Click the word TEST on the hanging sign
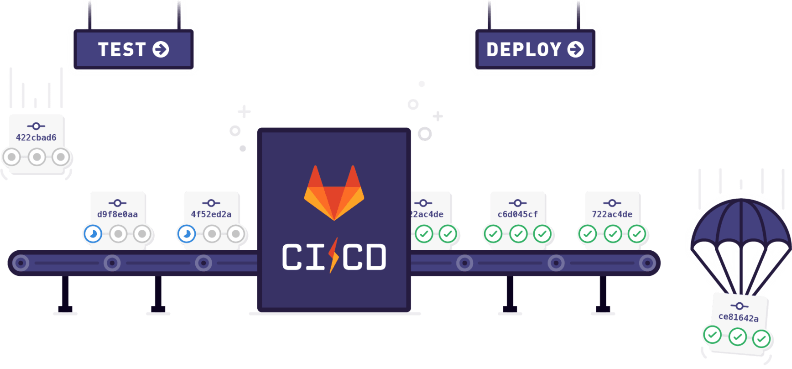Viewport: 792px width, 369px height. point(121,49)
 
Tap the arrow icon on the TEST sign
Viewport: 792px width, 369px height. point(161,49)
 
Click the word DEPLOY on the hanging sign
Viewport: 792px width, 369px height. point(523,49)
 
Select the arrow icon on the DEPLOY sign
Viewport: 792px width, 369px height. point(575,49)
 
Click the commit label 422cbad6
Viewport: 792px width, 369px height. point(36,137)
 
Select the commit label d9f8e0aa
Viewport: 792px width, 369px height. point(117,214)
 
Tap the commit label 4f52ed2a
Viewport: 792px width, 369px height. point(211,214)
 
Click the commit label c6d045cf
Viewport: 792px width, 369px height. point(517,214)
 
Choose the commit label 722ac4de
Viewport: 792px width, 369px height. point(612,214)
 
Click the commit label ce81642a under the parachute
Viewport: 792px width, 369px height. point(738,317)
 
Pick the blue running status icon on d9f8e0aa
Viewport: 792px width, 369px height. point(93,234)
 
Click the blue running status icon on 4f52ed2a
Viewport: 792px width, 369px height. point(187,234)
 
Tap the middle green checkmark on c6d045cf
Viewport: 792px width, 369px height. point(518,234)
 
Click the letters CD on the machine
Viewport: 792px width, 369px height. point(364,257)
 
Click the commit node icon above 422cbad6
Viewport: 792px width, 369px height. point(36,126)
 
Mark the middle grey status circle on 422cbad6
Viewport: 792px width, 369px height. point(36,157)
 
